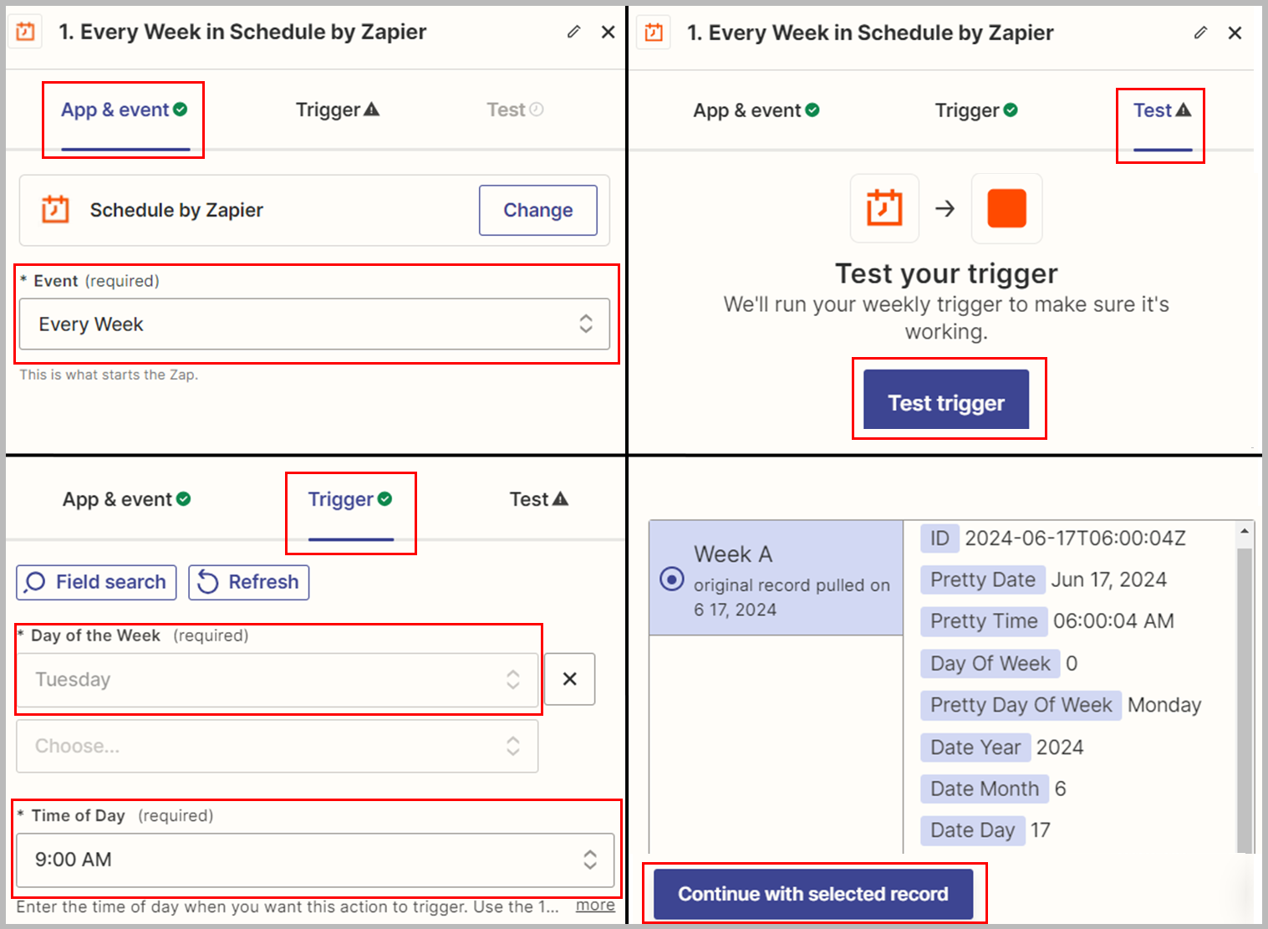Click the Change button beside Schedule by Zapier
[537, 210]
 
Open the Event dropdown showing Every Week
[314, 324]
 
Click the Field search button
[96, 582]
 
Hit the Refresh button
[249, 582]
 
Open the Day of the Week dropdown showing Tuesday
[277, 680]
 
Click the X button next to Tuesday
[569, 679]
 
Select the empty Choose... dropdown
[277, 746]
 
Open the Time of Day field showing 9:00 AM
[314, 860]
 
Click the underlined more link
[595, 905]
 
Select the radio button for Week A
[672, 579]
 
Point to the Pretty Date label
[982, 579]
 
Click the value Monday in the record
[1164, 705]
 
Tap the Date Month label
[984, 789]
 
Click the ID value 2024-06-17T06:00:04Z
[1075, 539]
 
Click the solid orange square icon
[1006, 208]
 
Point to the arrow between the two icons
[945, 208]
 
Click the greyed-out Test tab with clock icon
[514, 110]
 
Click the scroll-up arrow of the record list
[1245, 531]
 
